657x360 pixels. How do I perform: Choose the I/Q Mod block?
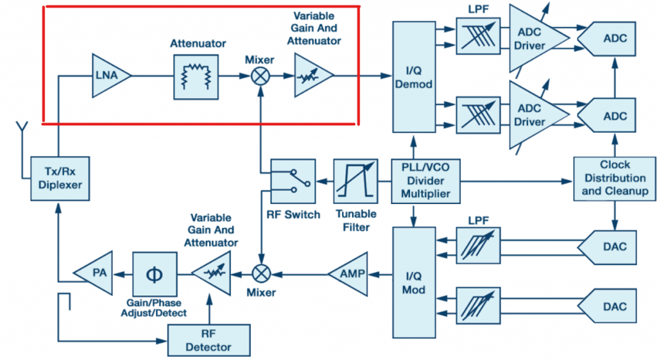[413, 282]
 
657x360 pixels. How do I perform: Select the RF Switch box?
[292, 182]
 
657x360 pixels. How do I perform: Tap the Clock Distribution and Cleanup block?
[614, 178]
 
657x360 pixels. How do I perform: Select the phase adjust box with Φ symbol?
[155, 273]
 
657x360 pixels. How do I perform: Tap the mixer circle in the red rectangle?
[260, 76]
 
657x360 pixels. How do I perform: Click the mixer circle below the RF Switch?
[260, 273]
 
